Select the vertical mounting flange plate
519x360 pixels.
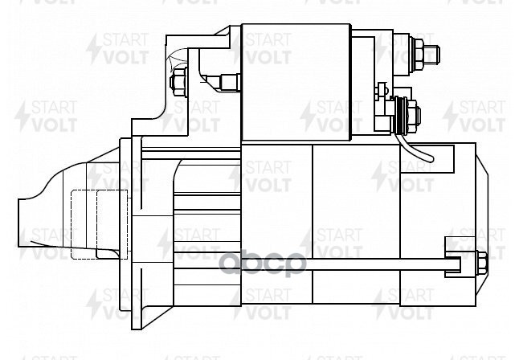(125, 233)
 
